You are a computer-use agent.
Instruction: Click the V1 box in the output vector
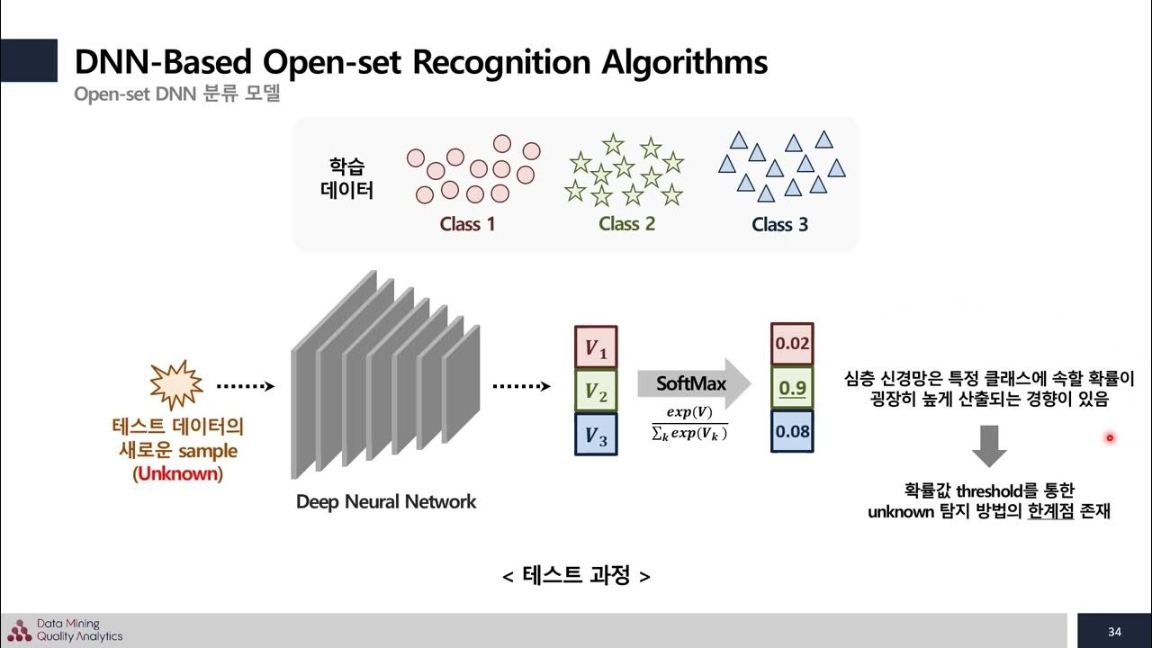pyautogui.click(x=596, y=347)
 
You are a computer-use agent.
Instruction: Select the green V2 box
pyautogui.click(x=596, y=391)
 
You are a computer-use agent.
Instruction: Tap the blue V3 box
pyautogui.click(x=596, y=435)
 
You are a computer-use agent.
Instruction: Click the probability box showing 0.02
pyautogui.click(x=792, y=344)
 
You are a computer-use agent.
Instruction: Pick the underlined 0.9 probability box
pyautogui.click(x=792, y=388)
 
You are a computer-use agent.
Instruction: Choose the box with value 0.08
pyautogui.click(x=792, y=431)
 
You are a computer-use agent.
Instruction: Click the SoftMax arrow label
pyautogui.click(x=691, y=383)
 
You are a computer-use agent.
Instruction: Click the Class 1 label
pyautogui.click(x=467, y=224)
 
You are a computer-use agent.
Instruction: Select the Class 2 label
pyautogui.click(x=626, y=224)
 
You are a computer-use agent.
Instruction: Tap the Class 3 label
pyautogui.click(x=780, y=224)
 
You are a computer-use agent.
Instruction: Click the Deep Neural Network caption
pyautogui.click(x=386, y=501)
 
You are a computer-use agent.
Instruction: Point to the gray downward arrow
pyautogui.click(x=989, y=446)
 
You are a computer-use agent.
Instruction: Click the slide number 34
pyautogui.click(x=1114, y=631)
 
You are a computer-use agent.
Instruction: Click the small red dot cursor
pyautogui.click(x=1110, y=438)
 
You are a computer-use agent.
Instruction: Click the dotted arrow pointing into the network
pyautogui.click(x=246, y=386)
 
